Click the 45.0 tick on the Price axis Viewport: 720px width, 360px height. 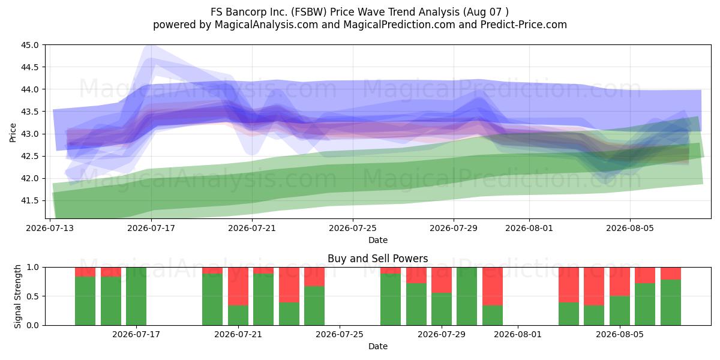[29, 45]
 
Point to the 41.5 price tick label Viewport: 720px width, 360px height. [29, 201]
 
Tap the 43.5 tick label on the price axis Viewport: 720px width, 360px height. [29, 112]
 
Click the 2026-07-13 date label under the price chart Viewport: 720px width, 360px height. [50, 228]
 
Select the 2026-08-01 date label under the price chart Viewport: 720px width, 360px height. [529, 228]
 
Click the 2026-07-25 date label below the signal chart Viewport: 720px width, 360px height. [340, 335]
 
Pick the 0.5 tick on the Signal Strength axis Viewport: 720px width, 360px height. [33, 296]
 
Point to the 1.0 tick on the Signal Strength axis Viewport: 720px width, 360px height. [33, 268]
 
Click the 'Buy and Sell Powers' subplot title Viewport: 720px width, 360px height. [377, 259]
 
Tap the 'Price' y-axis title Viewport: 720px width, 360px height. [13, 133]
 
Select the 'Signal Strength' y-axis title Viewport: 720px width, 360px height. [17, 296]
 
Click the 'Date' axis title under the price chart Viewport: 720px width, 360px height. [378, 240]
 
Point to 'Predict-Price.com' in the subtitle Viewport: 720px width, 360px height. [524, 25]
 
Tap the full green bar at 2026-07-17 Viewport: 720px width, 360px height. [136, 296]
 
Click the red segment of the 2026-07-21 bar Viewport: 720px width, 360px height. [238, 286]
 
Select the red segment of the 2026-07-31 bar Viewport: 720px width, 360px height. [493, 286]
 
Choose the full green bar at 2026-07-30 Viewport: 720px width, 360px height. [467, 296]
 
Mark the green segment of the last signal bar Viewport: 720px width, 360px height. [671, 302]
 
